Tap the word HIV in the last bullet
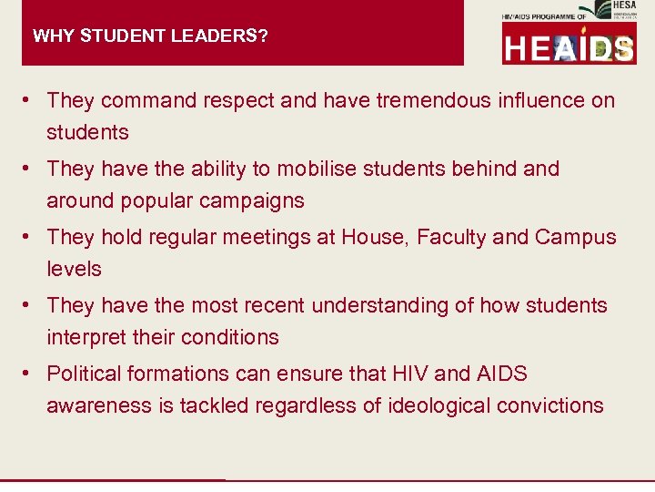tap(404, 374)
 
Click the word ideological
tap(428, 405)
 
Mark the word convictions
tap(550, 405)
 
